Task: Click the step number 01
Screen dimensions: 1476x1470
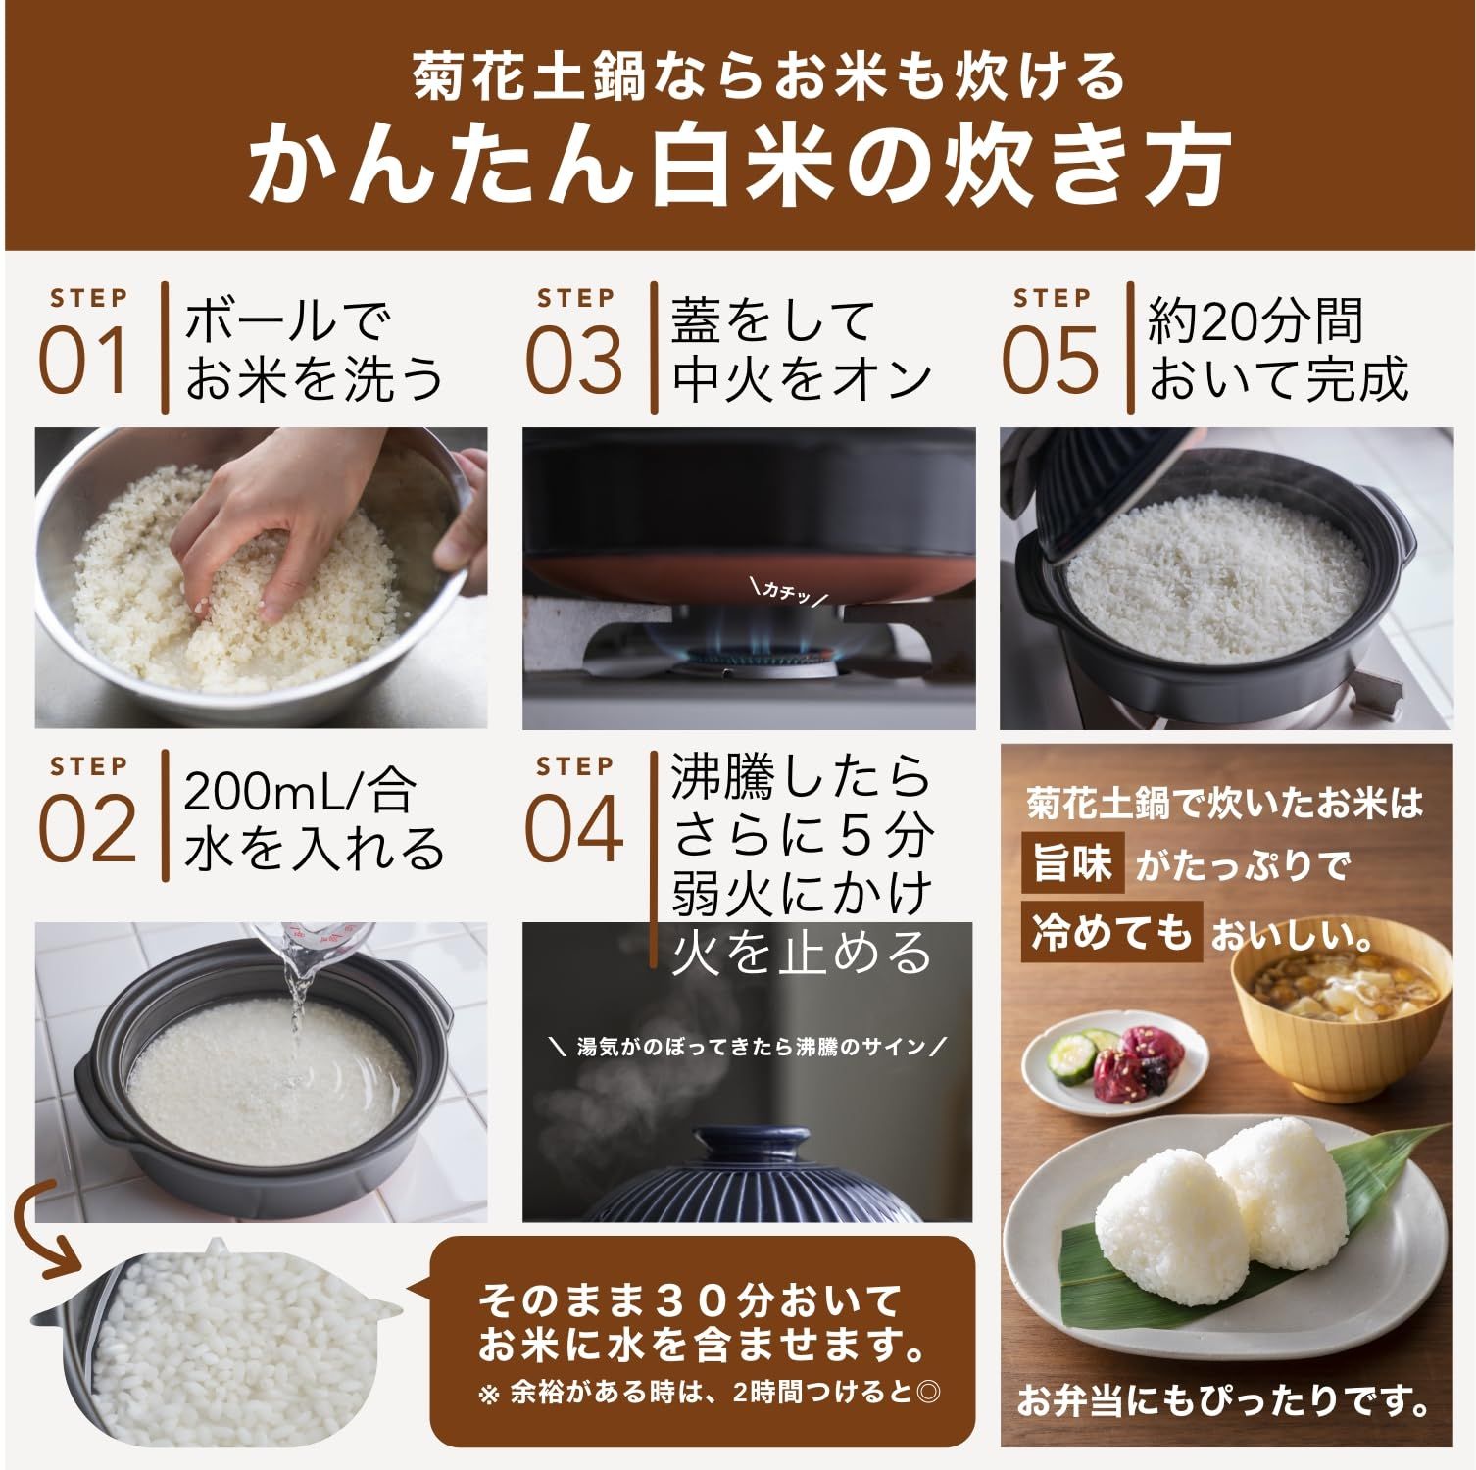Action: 84,360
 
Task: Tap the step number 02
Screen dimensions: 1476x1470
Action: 86,829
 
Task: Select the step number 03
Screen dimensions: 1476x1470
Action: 574,360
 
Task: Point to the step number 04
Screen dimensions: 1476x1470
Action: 574,829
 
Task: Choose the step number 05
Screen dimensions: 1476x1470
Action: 1051,360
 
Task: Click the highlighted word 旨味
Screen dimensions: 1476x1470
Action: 1073,864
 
